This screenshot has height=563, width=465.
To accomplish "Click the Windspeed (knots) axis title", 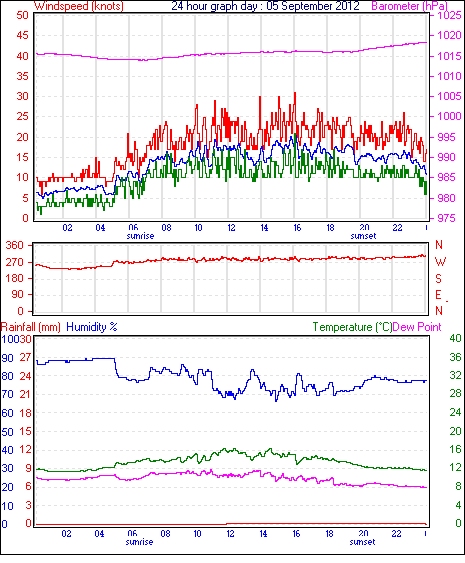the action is [79, 6].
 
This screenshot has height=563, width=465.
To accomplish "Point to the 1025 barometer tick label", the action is [449, 15].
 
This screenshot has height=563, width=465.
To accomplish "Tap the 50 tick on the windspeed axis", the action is [22, 15].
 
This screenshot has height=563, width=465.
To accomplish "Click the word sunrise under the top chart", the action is [140, 236].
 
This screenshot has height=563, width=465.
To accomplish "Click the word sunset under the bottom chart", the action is [362, 541].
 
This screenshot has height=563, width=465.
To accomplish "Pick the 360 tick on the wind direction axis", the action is [14, 246].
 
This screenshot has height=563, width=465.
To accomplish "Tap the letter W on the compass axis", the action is [440, 262].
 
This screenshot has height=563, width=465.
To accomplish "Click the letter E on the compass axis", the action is [438, 295].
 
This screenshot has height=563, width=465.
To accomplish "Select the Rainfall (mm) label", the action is [31, 327].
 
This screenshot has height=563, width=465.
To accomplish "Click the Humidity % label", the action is [92, 327].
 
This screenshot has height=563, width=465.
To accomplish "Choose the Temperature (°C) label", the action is [352, 327].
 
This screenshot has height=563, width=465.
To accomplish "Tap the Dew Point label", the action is [417, 327].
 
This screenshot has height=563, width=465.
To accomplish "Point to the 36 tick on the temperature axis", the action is [455, 357].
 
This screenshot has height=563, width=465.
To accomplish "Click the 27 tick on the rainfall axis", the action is [25, 357].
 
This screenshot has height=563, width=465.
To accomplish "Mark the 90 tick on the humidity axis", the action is [7, 358].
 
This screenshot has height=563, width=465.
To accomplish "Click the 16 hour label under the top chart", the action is [297, 228].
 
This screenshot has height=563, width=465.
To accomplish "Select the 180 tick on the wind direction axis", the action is [14, 278].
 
